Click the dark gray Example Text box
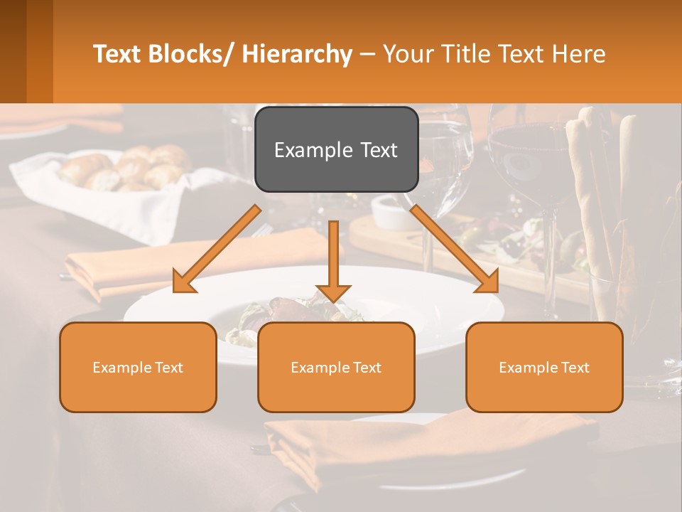[336, 149]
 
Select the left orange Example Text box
[138, 367]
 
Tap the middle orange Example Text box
[336, 367]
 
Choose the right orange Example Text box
[544, 367]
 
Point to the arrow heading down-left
[217, 249]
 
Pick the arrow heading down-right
[455, 249]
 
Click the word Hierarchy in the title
[297, 54]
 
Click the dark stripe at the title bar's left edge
[13, 51]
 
